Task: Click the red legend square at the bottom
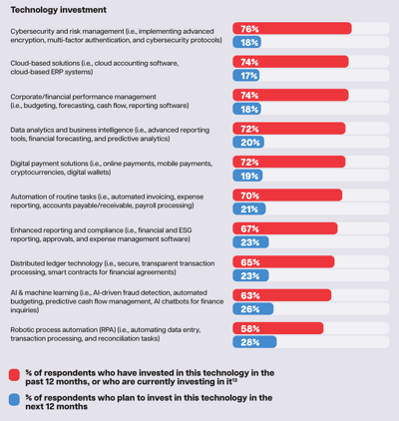(15, 375)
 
